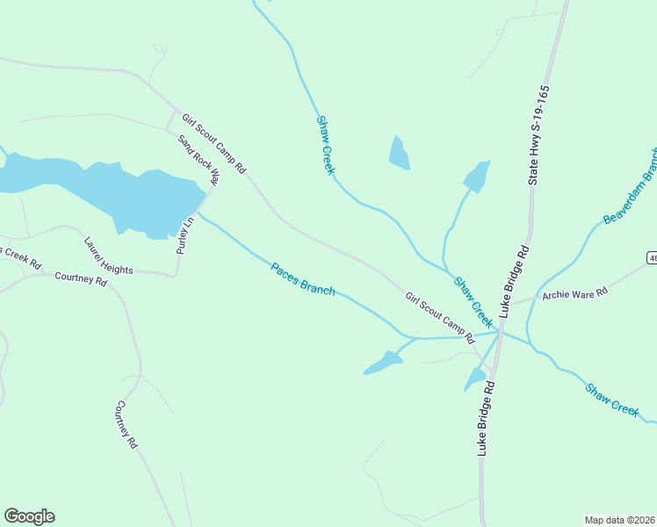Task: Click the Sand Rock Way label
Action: (199, 159)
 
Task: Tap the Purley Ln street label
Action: (184, 236)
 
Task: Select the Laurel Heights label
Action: (108, 256)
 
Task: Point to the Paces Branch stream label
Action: (302, 278)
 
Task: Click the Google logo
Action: (29, 516)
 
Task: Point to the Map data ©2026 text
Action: (619, 520)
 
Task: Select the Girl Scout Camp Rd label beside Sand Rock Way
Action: (213, 141)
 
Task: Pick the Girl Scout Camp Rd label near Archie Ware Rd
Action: (439, 318)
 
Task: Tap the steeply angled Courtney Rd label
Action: (126, 425)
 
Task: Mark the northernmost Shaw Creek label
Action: (325, 145)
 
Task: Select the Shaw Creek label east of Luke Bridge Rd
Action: (611, 397)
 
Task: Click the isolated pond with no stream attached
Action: (400, 154)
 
